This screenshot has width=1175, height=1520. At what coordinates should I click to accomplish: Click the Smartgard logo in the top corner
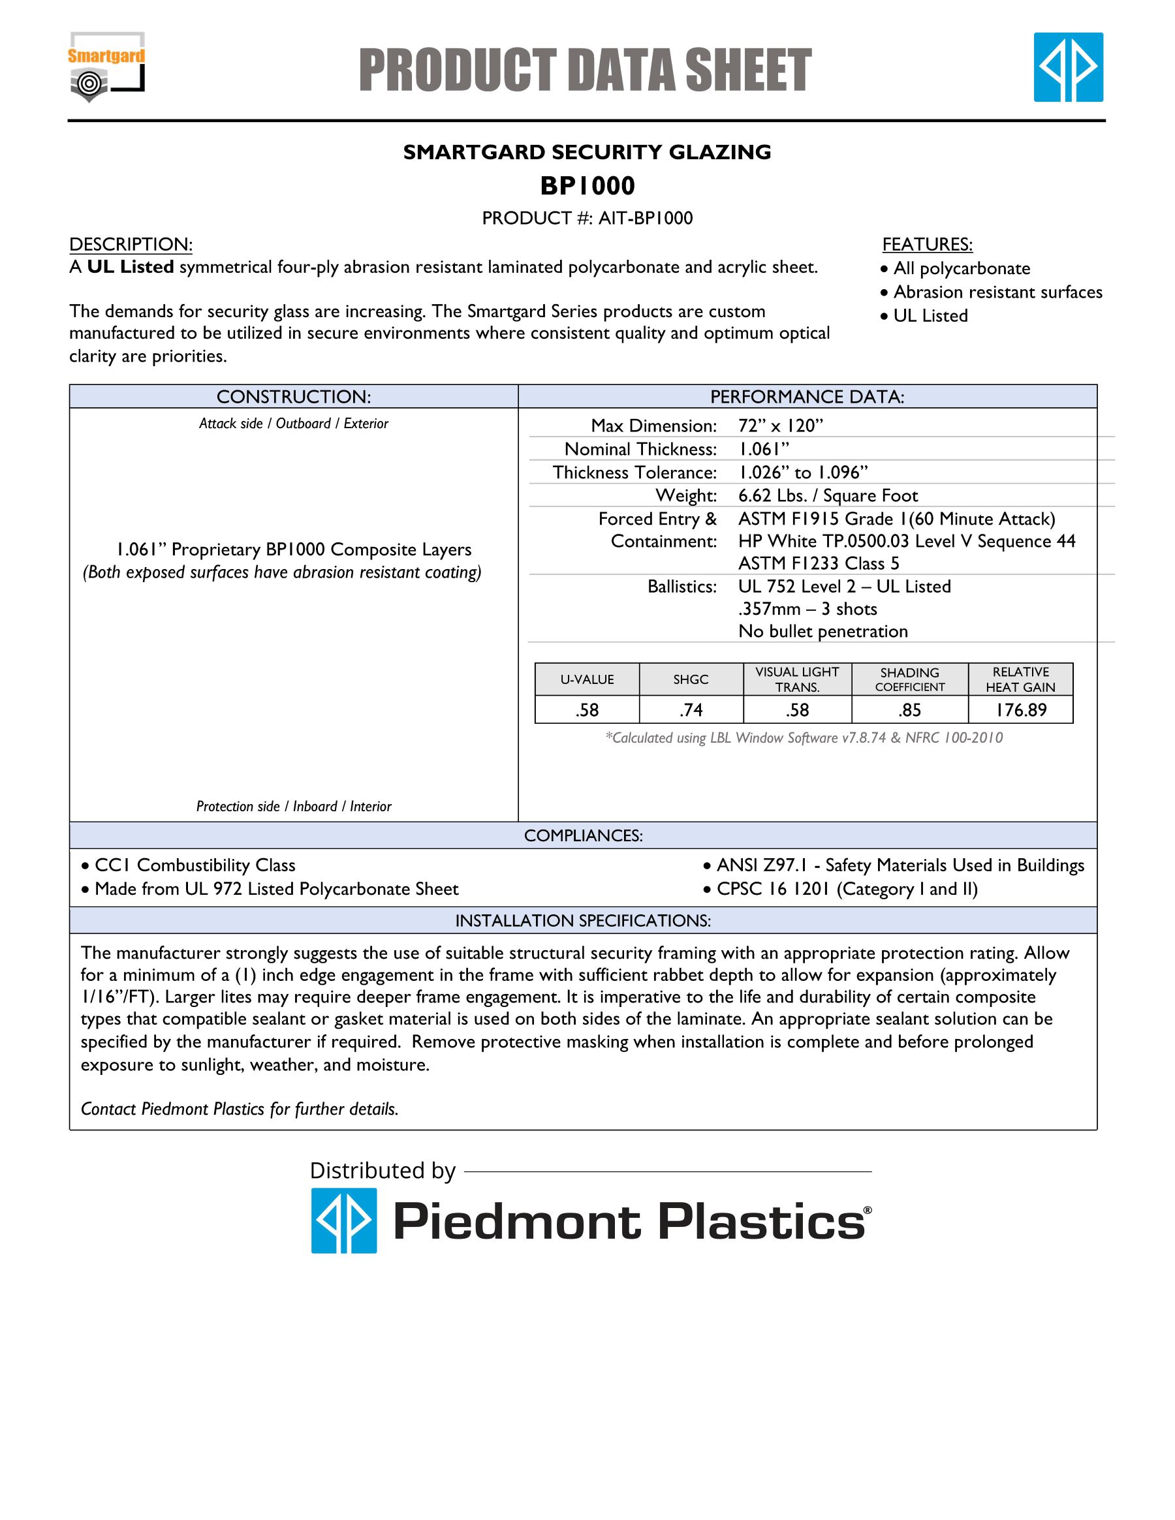(x=106, y=67)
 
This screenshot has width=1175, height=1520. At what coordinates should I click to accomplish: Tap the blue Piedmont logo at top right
(x=1068, y=67)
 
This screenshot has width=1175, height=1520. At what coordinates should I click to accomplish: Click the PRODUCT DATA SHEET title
(x=586, y=70)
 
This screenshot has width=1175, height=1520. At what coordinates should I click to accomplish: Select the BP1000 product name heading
(x=587, y=186)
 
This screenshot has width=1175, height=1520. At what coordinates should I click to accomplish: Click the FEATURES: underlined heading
(x=927, y=244)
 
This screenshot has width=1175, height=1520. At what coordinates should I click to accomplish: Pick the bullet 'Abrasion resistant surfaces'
(x=997, y=292)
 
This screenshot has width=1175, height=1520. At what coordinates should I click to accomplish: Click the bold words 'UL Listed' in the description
(x=130, y=267)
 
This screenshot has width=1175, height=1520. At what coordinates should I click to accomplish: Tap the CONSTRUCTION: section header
(x=294, y=397)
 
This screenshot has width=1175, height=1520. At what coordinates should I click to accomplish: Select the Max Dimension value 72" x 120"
(x=780, y=426)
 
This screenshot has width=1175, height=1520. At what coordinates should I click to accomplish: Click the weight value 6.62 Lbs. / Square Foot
(x=828, y=495)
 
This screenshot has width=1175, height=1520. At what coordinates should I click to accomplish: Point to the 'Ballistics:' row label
(x=681, y=587)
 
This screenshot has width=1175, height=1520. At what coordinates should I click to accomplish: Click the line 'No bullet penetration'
(x=822, y=631)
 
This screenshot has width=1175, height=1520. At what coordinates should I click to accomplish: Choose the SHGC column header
(x=691, y=679)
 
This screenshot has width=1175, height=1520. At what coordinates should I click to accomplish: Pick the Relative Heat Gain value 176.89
(x=1020, y=710)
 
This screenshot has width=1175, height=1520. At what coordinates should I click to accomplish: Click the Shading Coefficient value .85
(x=909, y=710)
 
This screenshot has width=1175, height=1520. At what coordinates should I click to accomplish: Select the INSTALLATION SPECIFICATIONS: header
(x=583, y=921)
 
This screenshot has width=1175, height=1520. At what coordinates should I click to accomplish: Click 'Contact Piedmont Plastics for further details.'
(x=240, y=1109)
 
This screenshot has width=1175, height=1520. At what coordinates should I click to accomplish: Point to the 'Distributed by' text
(x=382, y=1171)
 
